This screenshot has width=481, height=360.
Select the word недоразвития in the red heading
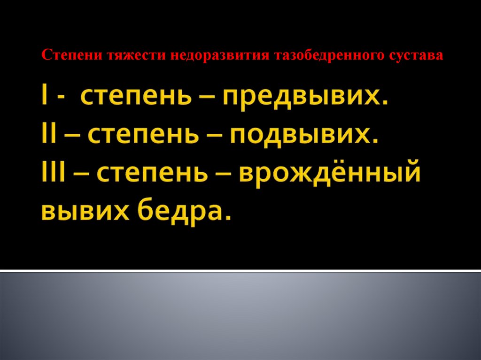pyautogui.click(x=212, y=55)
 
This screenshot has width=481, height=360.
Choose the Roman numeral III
pyautogui.click(x=53, y=174)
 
